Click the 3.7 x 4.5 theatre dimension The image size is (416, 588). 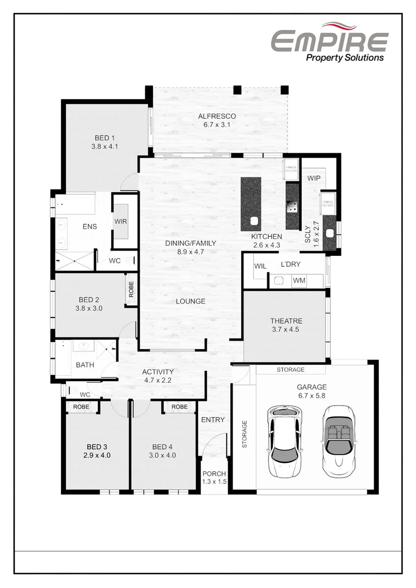[x=286, y=329]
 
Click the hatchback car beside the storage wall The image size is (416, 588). [x=284, y=442]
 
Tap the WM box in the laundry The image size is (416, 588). [x=299, y=280]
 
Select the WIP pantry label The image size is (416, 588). [x=314, y=178]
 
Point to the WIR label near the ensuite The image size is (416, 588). [x=120, y=222]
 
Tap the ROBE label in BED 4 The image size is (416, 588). [x=179, y=407]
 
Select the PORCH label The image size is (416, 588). [x=214, y=474]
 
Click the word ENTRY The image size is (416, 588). [x=212, y=420]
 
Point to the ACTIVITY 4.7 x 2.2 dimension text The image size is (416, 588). [x=158, y=381]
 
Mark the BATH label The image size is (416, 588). [x=85, y=365]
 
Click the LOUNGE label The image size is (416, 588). [x=191, y=301]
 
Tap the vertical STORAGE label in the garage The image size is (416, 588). [x=244, y=433]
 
